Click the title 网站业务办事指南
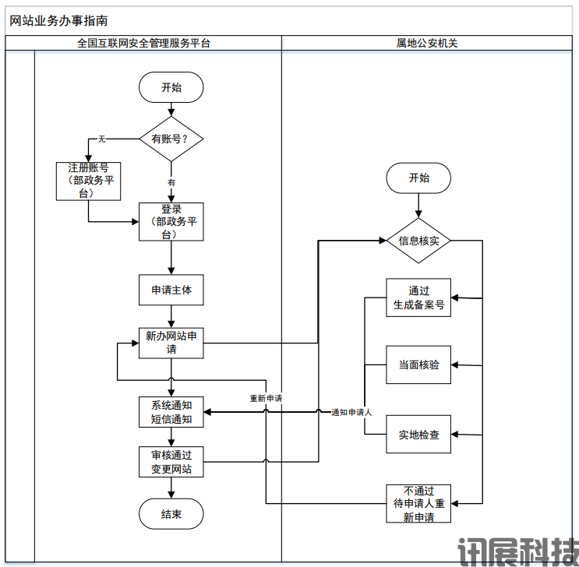click(x=58, y=21)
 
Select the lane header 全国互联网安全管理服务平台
click(x=143, y=44)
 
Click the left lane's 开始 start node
click(x=171, y=87)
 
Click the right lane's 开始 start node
click(x=418, y=178)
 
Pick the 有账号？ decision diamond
click(x=171, y=139)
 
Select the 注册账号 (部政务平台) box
click(x=88, y=181)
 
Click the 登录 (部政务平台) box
click(x=171, y=222)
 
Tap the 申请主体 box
click(x=171, y=290)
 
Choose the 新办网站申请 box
click(x=171, y=343)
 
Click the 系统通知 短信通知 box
click(x=171, y=412)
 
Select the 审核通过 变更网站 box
click(x=171, y=462)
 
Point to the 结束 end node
click(x=171, y=514)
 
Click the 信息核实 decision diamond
click(x=418, y=241)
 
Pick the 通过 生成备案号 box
click(x=418, y=298)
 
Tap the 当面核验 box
click(x=418, y=364)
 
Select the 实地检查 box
click(x=418, y=434)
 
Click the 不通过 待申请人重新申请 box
click(x=418, y=503)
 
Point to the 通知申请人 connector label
click(x=351, y=412)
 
